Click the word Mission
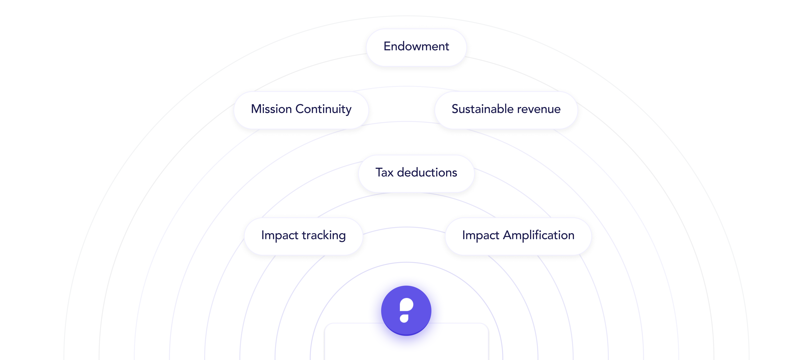271,109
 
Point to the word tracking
324,236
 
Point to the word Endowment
416,47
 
